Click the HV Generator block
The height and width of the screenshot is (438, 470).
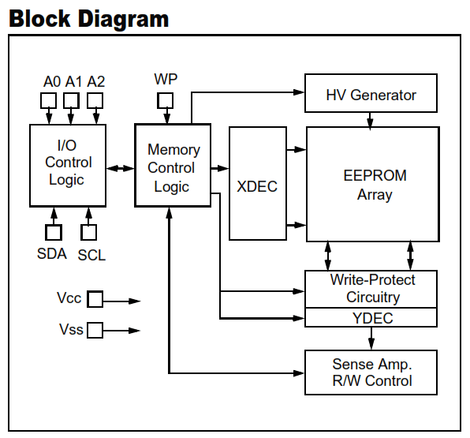pyautogui.click(x=371, y=93)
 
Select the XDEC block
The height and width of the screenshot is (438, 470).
pyautogui.click(x=258, y=183)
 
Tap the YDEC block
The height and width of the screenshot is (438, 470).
pyautogui.click(x=371, y=317)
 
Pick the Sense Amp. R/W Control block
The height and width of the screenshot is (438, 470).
pyautogui.click(x=371, y=372)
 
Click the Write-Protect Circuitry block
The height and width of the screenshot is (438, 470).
pyautogui.click(x=371, y=289)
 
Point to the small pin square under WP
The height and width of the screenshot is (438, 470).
pyautogui.click(x=165, y=100)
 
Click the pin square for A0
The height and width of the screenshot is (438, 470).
pyautogui.click(x=48, y=100)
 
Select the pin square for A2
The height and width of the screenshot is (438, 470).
pyautogui.click(x=95, y=100)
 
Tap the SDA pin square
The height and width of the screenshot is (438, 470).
pyautogui.click(x=54, y=232)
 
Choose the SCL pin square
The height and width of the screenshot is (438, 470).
pyautogui.click(x=89, y=232)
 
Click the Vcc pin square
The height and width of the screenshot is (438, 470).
pyautogui.click(x=95, y=299)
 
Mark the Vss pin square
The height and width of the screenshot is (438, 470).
pyautogui.click(x=95, y=331)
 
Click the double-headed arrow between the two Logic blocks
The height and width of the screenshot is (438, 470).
pyautogui.click(x=121, y=168)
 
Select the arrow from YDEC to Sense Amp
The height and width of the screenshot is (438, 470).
pyautogui.click(x=371, y=339)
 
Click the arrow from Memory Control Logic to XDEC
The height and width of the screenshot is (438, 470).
pyautogui.click(x=220, y=168)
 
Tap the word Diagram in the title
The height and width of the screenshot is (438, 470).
pyautogui.click(x=124, y=20)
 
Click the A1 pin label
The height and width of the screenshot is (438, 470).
pyautogui.click(x=73, y=81)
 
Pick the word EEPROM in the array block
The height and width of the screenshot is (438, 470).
pyautogui.click(x=375, y=175)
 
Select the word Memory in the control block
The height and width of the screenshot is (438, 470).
pyautogui.click(x=173, y=150)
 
